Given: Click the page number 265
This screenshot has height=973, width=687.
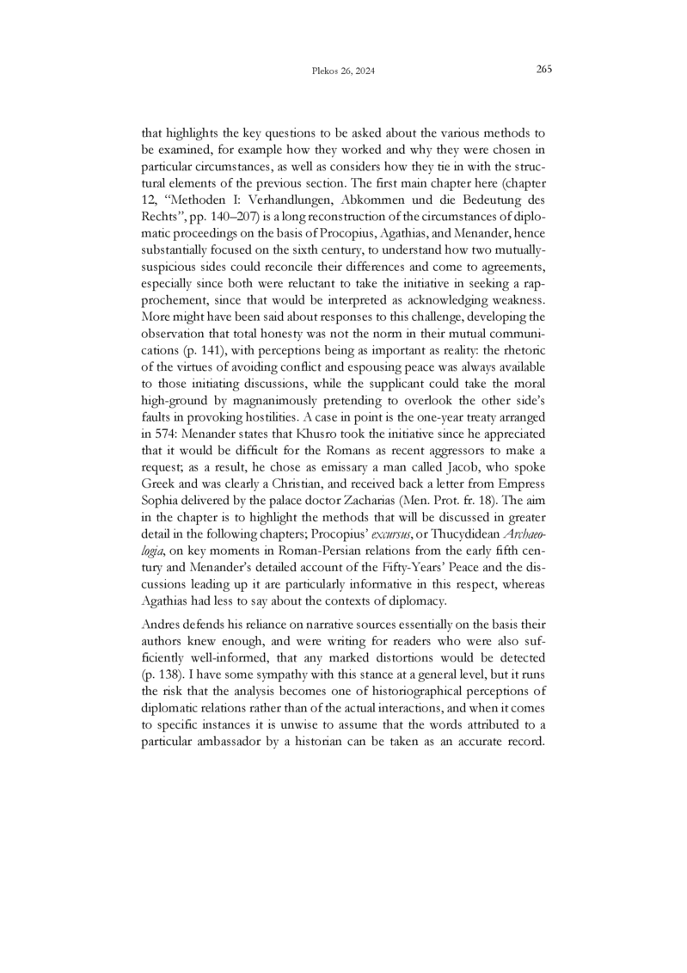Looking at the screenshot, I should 543,70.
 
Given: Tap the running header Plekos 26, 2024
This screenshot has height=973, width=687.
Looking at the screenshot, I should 342,71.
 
